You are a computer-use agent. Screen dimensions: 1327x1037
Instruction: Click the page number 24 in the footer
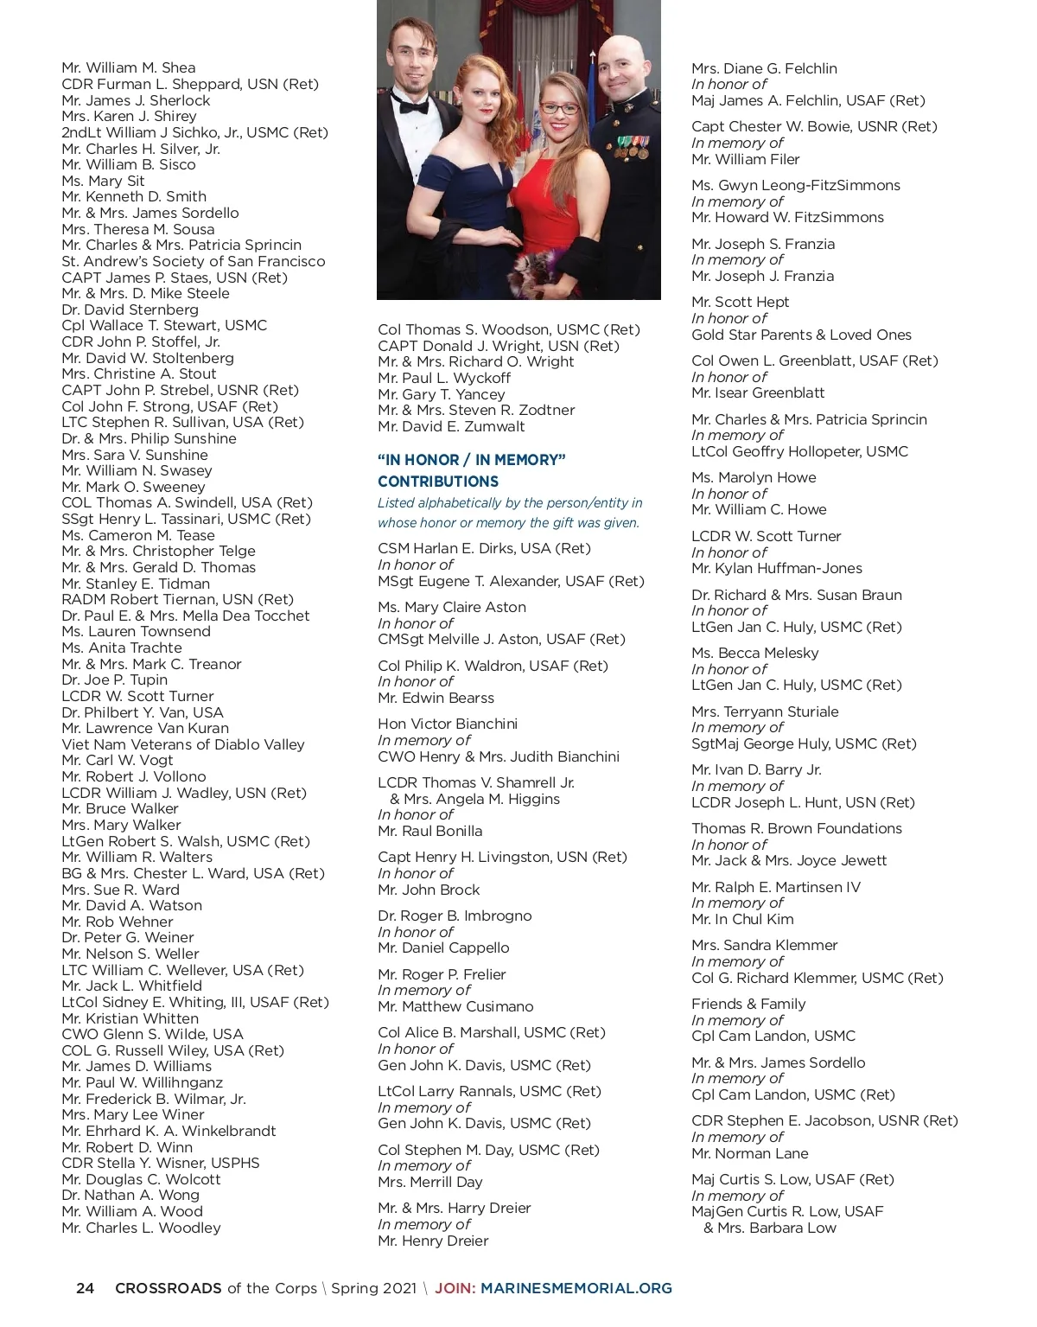coord(85,1288)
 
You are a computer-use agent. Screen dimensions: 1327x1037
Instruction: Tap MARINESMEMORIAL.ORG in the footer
coord(576,1288)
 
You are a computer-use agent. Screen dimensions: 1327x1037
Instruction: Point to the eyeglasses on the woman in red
coord(559,109)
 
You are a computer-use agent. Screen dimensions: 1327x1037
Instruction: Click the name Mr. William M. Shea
coord(129,67)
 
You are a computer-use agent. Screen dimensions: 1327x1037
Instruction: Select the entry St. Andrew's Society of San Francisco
coord(194,261)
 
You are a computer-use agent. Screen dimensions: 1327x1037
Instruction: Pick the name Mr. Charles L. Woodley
coord(141,1228)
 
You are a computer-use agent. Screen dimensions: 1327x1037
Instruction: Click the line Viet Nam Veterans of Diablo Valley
coord(183,744)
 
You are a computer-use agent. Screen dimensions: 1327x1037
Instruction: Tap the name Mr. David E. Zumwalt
coord(451,426)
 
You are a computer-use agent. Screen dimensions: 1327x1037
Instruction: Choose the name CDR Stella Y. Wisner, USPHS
coord(161,1163)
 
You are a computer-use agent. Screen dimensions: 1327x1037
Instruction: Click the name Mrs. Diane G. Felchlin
coord(764,68)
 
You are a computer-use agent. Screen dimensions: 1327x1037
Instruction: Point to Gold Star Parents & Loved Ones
coord(801,335)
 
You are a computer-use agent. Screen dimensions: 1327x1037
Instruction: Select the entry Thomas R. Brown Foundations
coord(796,828)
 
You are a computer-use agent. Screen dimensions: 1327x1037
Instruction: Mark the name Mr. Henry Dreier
coord(433,1241)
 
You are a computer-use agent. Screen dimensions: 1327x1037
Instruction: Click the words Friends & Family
coord(748,1004)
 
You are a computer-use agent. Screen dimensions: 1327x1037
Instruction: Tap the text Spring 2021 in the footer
coord(373,1288)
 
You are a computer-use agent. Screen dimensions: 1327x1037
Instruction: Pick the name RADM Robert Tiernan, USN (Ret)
coord(178,599)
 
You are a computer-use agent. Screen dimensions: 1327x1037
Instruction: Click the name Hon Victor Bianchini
coord(448,724)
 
